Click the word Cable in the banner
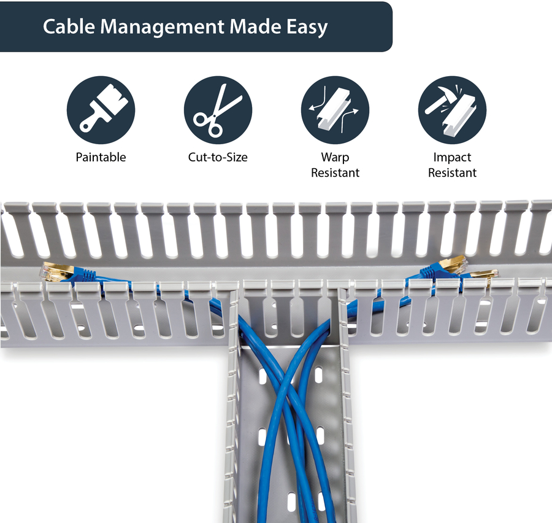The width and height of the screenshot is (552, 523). [x=69, y=26]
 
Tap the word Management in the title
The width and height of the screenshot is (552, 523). [x=162, y=28]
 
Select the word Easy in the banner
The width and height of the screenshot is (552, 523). [x=307, y=28]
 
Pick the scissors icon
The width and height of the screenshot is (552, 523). [x=218, y=110]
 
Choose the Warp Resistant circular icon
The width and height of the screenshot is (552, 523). [x=335, y=110]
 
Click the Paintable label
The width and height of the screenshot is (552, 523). [x=101, y=157]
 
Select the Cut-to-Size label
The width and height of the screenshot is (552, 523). [x=218, y=157]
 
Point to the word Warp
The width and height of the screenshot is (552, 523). [x=335, y=158]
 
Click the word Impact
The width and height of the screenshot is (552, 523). [x=452, y=158]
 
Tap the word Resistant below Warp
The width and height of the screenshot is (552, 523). [x=335, y=172]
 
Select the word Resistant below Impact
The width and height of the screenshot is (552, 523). [x=452, y=172]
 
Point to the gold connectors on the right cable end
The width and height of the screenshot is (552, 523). [x=468, y=268]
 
